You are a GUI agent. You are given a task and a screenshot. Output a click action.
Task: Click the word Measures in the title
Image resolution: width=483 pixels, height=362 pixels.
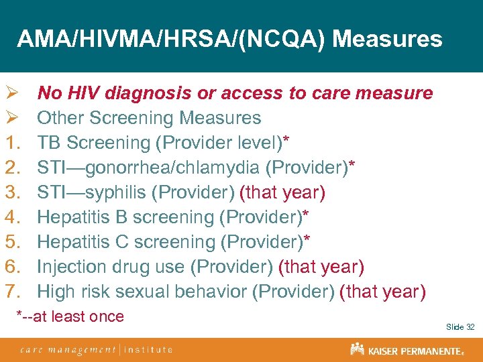pos(387,39)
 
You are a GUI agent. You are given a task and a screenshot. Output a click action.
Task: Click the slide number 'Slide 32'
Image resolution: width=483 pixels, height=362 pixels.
pos(460,327)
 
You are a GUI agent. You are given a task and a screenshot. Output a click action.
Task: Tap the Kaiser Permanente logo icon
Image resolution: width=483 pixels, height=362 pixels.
pos(357,349)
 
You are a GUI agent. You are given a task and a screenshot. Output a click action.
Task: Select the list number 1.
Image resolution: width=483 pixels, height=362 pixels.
pos(13,143)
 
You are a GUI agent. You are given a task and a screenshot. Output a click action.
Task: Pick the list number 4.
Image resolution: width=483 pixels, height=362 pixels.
pos(13,217)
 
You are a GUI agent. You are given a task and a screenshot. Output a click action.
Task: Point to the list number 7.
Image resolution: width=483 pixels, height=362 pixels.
pos(13,292)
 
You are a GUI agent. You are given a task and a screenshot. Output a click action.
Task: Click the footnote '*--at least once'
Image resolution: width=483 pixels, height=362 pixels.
pos(70,316)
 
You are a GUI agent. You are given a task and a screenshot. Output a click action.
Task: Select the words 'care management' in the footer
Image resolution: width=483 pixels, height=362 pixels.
pos(67,349)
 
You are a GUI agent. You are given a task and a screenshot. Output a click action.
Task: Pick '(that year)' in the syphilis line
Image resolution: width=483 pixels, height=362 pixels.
pos(282,193)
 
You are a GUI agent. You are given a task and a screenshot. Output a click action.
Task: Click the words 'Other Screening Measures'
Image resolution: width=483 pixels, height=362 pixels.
pos(149,118)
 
